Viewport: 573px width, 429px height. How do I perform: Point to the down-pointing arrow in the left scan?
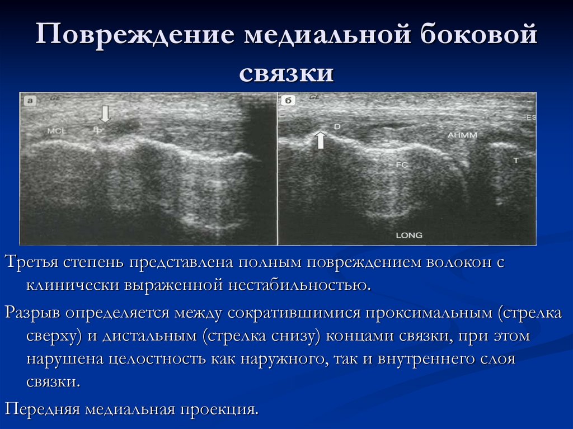[105, 114]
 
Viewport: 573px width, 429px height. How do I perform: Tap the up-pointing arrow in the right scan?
[320, 140]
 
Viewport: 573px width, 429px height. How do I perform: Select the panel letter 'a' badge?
[29, 101]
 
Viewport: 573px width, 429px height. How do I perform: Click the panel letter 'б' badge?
[287, 101]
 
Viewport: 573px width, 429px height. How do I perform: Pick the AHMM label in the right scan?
[460, 135]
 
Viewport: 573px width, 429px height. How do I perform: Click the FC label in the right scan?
[402, 165]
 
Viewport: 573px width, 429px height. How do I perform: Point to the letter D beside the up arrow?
[337, 127]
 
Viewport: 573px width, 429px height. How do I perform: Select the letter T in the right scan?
[516, 160]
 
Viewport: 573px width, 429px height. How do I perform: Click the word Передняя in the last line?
[43, 409]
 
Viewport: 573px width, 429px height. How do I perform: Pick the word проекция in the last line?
[219, 409]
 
